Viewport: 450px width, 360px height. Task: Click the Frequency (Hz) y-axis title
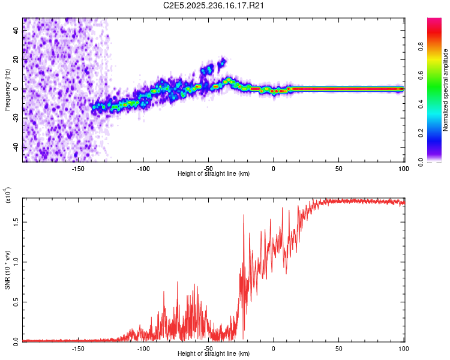7,90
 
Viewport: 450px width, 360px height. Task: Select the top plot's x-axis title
214,174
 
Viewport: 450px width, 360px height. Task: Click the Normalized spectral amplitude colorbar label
446,90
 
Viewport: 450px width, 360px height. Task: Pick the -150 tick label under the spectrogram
78,169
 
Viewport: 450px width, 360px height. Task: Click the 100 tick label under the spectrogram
403,169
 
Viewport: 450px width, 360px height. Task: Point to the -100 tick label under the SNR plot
143,348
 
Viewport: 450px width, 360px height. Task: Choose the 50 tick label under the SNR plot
338,348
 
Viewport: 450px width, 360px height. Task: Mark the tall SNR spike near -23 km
244,215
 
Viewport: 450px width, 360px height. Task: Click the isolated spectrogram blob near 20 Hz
223,61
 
